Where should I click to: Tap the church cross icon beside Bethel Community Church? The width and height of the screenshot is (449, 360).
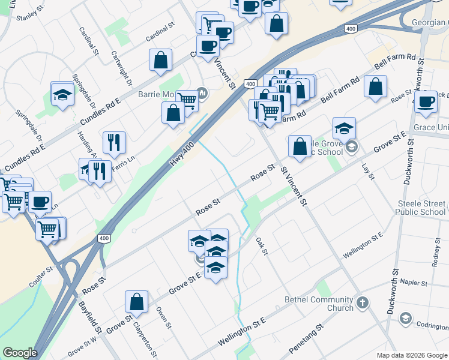click(363, 303)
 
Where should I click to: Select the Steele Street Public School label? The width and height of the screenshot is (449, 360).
click(421, 208)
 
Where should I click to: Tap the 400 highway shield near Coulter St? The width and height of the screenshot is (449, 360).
click(104, 239)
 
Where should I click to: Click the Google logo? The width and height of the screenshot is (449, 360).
click(20, 353)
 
